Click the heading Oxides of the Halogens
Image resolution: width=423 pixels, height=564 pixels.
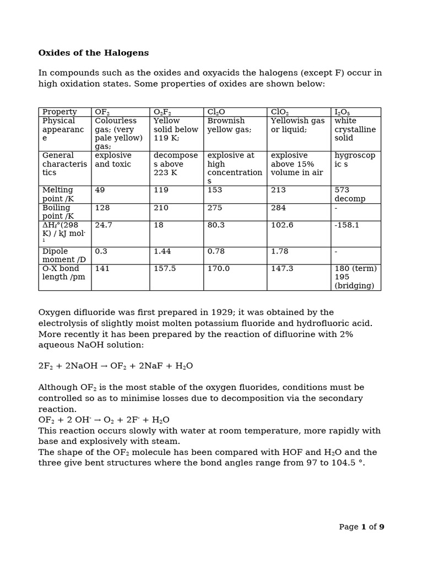click(94, 53)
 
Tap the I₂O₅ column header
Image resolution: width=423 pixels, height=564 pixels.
click(342, 112)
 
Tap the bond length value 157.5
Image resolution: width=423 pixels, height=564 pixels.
click(165, 269)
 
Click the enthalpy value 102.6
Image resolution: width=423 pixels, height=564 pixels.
click(282, 225)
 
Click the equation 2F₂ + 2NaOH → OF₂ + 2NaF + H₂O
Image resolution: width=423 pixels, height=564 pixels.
click(116, 366)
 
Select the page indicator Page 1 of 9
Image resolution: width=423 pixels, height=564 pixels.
click(361, 527)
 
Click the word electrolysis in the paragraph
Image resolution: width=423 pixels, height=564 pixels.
click(61, 323)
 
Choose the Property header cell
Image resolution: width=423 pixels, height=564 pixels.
click(59, 112)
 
